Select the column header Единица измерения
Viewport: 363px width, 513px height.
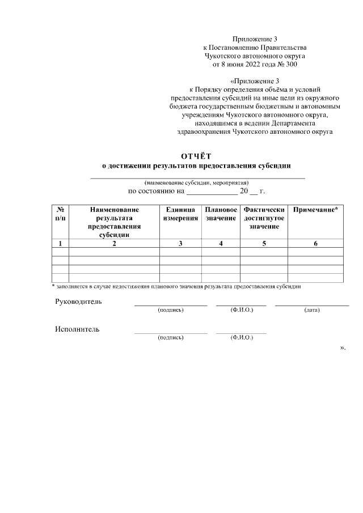tap(180, 214)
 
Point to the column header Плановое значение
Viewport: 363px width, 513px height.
tap(221, 214)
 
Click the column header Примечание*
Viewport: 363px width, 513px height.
tap(315, 210)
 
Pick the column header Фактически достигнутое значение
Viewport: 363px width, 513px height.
tap(264, 218)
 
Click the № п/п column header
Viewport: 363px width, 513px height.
tap(60, 214)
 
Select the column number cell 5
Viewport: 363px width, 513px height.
tap(264, 243)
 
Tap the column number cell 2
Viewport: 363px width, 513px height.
tap(114, 243)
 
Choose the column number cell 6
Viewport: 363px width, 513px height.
tap(315, 243)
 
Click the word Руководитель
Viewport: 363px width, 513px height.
tap(78, 302)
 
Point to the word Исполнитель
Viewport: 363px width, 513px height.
tap(77, 329)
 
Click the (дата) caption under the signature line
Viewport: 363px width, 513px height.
tap(311, 310)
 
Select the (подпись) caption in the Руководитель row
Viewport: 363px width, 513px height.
tap(170, 310)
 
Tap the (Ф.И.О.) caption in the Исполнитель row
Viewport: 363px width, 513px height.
tap(241, 338)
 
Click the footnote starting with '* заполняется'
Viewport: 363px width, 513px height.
tap(176, 286)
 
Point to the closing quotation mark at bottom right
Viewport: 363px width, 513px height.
tap(342, 347)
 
